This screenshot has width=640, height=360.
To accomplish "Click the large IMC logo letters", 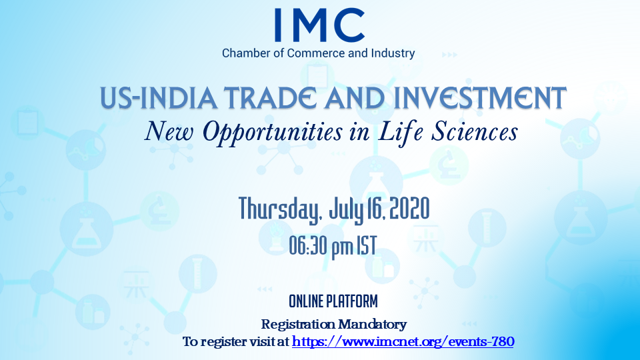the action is coord(319,25).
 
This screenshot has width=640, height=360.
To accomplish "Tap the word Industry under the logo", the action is coord(393,53).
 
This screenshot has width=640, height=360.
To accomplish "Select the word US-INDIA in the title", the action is coord(159,98).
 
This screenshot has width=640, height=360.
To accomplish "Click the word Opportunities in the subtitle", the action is coord(273,132).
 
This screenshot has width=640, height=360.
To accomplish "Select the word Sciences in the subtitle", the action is coord(475,131).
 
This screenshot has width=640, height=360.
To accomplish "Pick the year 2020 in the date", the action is coord(409,208).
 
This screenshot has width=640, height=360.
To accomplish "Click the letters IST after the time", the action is coord(367,245).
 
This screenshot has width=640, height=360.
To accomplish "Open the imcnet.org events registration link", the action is coord(403,341).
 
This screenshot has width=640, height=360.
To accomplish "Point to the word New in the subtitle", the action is coord(169,131).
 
